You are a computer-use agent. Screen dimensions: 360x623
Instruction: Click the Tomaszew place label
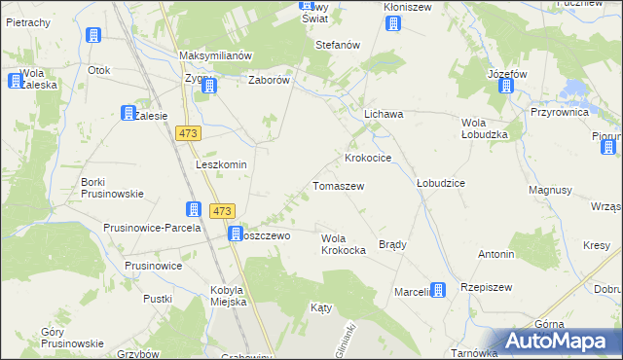(x=338, y=185)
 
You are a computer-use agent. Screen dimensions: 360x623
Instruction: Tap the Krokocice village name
(x=368, y=157)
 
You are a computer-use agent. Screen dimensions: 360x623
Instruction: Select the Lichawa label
(x=384, y=114)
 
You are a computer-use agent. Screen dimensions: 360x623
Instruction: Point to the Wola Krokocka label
(x=343, y=244)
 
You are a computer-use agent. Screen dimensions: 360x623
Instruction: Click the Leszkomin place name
(x=221, y=164)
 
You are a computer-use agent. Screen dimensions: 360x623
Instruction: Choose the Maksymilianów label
(x=216, y=55)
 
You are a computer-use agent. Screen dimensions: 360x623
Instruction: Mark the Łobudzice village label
(x=441, y=182)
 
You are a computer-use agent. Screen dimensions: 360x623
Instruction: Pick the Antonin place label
(x=495, y=254)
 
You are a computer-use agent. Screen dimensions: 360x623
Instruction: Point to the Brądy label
(x=392, y=244)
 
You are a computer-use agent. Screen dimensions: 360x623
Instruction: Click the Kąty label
(x=321, y=306)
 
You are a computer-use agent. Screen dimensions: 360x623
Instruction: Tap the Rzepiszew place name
(x=487, y=288)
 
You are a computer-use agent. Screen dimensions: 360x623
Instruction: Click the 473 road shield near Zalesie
(x=189, y=133)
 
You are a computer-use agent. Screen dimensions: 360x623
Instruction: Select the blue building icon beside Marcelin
(x=438, y=290)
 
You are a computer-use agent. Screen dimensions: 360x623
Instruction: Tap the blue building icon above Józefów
(x=505, y=86)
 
